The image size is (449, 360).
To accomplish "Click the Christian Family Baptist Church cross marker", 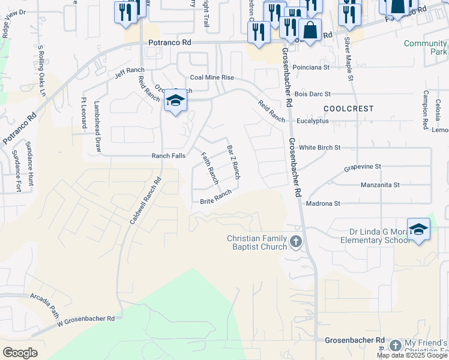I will pos(295,242).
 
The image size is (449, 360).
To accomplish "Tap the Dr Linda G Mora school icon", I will pos(418,229).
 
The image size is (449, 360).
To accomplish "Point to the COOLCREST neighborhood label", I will pos(348,109).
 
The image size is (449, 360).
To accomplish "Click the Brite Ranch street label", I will pos(215,197).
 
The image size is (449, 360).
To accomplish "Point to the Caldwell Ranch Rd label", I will pos(146,201).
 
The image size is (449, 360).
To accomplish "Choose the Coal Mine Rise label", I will pos(211,78).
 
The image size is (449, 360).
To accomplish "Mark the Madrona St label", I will pos(323,204).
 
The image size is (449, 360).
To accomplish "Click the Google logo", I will pos(20,353).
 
